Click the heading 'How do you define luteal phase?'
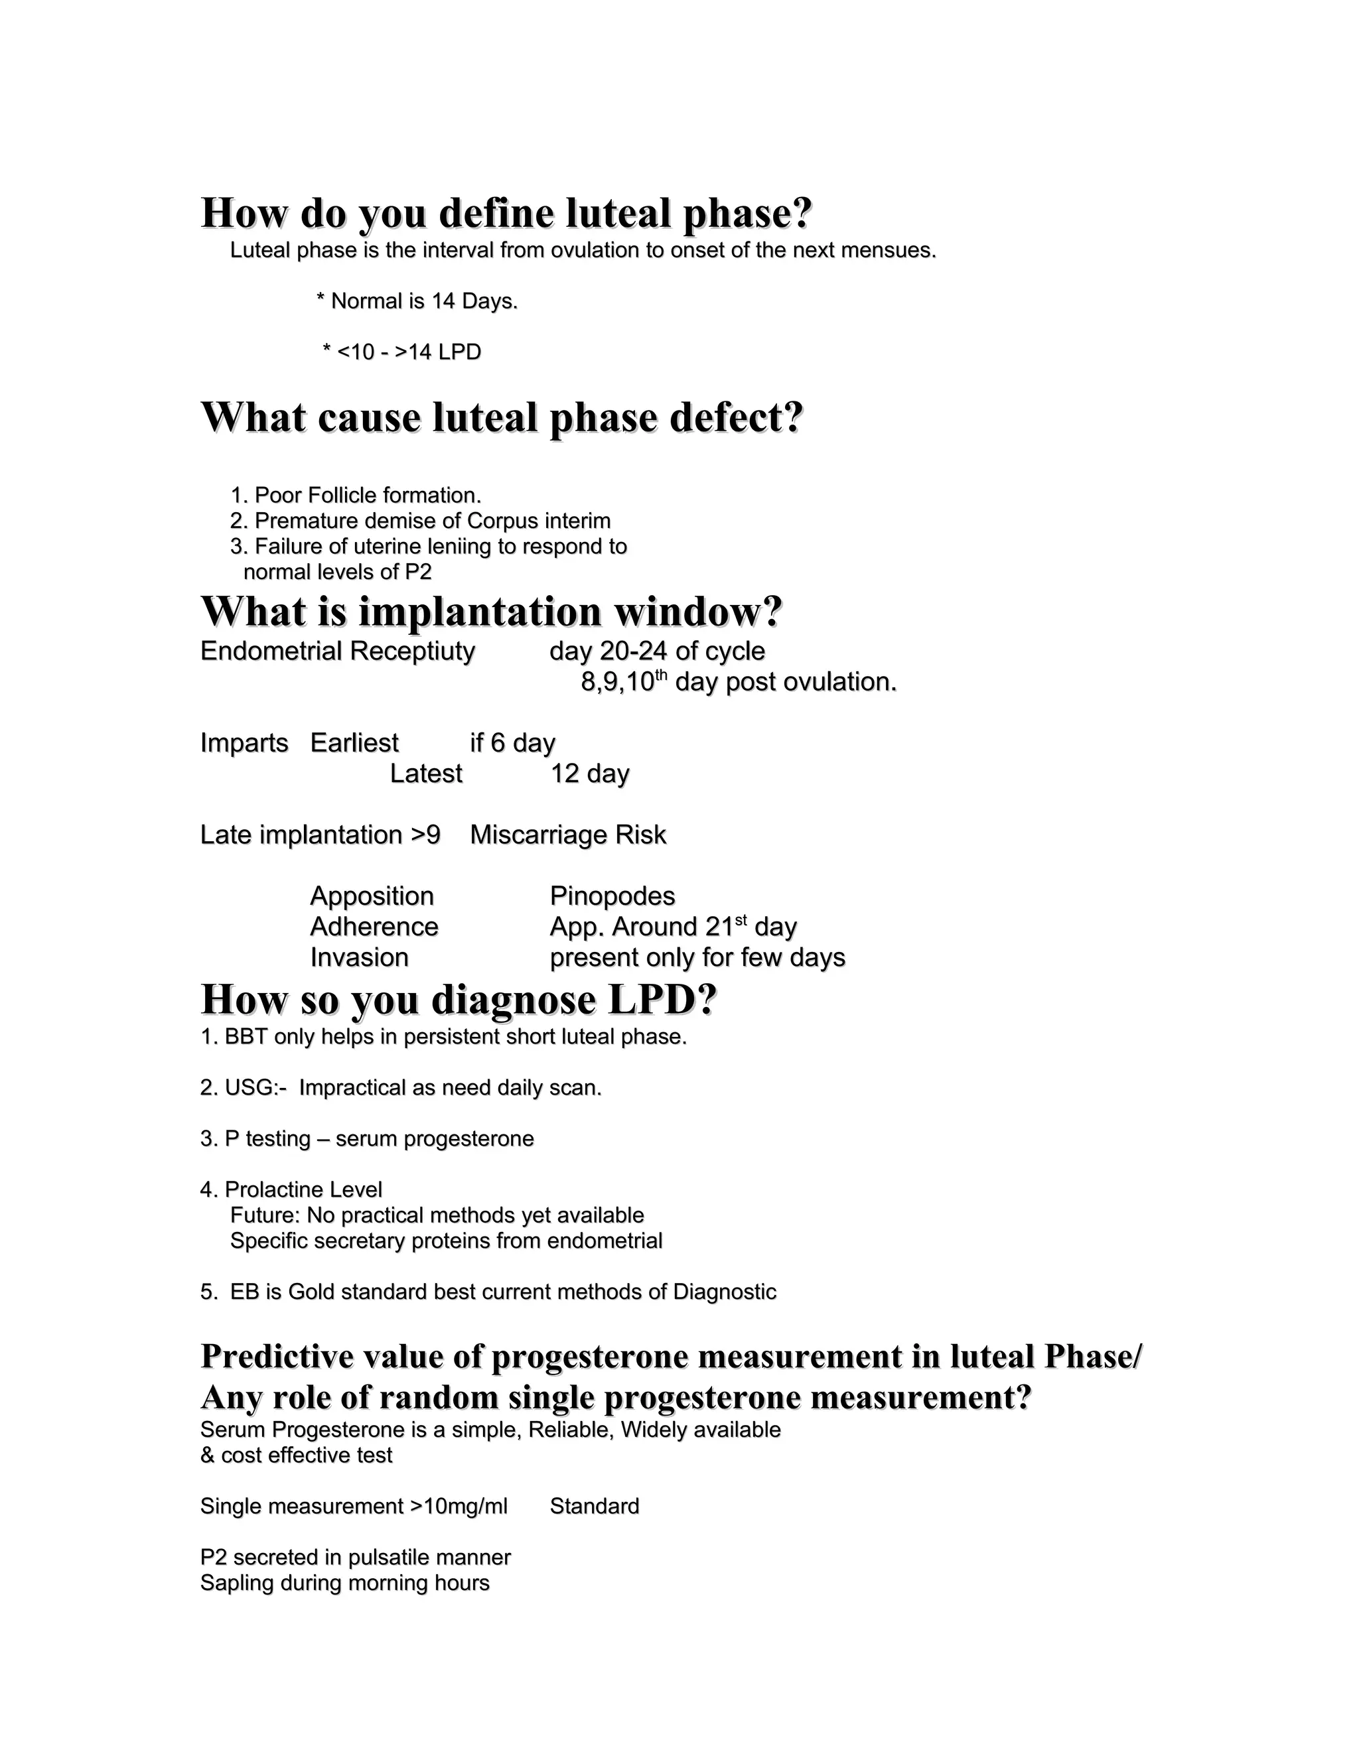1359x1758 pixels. pos(506,214)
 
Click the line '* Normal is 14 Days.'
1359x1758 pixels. pos(417,301)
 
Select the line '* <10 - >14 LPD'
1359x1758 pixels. pos(401,352)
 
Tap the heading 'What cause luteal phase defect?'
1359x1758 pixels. pos(502,418)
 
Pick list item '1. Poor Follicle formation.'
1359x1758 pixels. pos(356,495)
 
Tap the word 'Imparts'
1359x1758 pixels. pos(244,742)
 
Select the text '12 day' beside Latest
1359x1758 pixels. pos(589,774)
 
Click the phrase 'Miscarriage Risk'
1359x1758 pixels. pos(567,835)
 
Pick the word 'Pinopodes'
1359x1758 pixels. pos(612,896)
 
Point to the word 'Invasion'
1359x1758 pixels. pos(359,957)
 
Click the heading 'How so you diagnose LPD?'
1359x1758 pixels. pos(458,1000)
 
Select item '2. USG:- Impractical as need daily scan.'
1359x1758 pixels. pos(401,1087)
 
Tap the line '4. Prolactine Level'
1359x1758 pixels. pos(291,1189)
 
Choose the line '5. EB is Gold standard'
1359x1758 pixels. pos(488,1291)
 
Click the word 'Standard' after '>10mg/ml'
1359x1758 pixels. pos(594,1506)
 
